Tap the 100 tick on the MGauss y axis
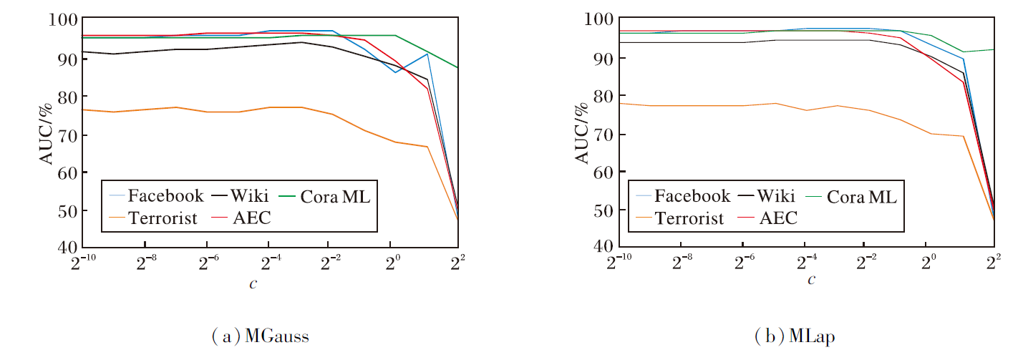coord(62,19)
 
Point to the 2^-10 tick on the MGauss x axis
coord(84,261)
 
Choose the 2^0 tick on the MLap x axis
coord(929,261)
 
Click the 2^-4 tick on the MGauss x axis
coord(269,261)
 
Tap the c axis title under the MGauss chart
coord(253,283)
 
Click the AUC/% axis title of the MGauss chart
coord(46,133)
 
